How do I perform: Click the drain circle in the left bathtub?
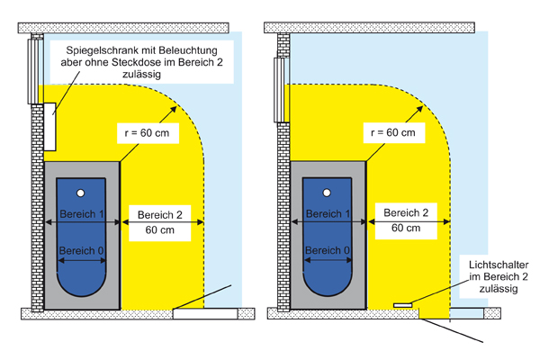[81, 193]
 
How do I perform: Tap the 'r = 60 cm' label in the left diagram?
[149, 132]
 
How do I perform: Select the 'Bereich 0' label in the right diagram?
[327, 249]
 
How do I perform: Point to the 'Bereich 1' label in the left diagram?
[81, 214]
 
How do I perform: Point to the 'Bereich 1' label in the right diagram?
[327, 214]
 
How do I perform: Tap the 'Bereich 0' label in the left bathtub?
[81, 249]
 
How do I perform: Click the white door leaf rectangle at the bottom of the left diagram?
[202, 315]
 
